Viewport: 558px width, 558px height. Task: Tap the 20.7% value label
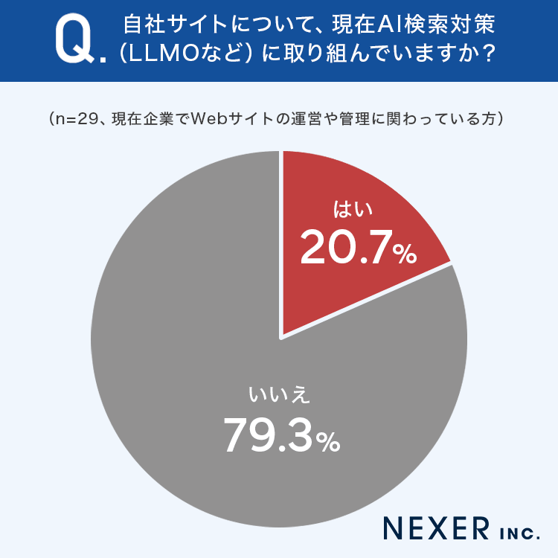(358, 247)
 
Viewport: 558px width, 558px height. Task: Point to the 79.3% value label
(281, 435)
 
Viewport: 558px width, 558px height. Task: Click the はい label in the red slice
(353, 209)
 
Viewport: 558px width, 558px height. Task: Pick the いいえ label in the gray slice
(279, 395)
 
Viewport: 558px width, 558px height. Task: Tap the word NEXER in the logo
(436, 529)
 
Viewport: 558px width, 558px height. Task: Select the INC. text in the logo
(520, 533)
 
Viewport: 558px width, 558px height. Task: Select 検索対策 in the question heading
(448, 25)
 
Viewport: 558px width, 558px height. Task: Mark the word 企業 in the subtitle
(158, 119)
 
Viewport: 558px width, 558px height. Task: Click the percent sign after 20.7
(404, 254)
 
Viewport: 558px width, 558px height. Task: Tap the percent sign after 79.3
(328, 442)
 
